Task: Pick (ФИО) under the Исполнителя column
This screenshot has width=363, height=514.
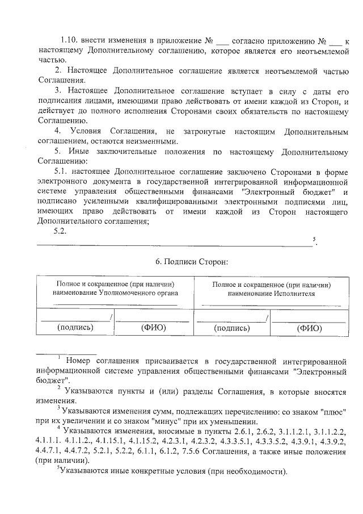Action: coord(309,328)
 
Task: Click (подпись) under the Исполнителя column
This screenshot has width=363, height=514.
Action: coord(231,328)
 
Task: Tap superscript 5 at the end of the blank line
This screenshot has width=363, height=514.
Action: coord(314,239)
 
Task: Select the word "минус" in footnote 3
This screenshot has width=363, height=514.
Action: coord(173,421)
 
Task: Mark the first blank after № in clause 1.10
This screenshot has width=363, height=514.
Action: coord(223,43)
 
